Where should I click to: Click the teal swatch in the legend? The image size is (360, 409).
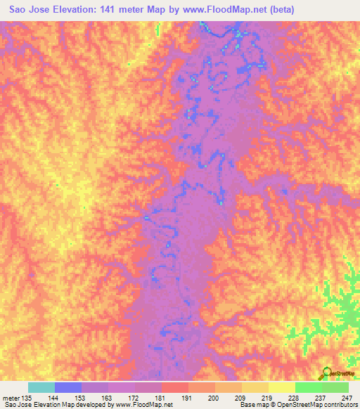coord(41,387)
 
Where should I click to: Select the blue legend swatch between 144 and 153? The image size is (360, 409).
coord(68,387)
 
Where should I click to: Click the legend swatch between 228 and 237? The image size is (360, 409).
coord(309,387)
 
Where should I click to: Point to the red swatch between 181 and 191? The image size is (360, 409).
coord(175,387)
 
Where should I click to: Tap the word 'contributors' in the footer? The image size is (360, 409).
coord(337,405)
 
